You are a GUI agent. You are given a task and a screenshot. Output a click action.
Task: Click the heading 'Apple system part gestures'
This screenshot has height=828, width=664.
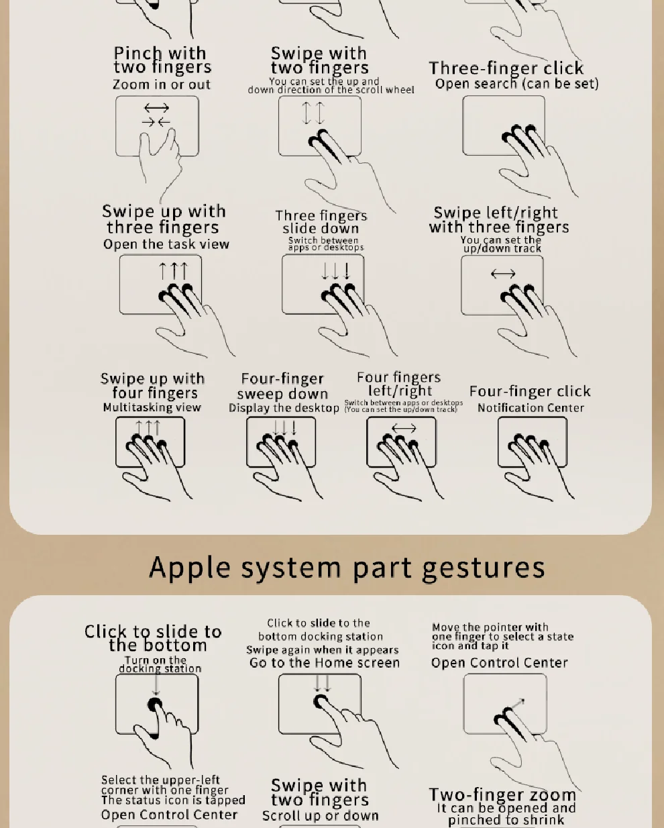(347, 568)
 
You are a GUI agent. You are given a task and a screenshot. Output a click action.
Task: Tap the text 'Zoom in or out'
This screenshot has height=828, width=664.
(162, 85)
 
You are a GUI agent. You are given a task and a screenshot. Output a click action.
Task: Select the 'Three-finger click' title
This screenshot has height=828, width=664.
(506, 68)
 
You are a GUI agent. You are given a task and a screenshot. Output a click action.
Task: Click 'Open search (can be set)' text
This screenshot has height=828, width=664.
(516, 83)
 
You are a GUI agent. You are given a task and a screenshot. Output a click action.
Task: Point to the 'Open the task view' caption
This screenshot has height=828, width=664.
(166, 244)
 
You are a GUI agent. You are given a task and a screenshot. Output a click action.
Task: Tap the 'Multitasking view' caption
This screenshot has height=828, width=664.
(152, 407)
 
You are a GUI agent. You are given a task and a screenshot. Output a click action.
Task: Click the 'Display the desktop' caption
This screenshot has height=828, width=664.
(284, 408)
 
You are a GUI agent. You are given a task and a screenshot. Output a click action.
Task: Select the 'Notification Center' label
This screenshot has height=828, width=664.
(531, 408)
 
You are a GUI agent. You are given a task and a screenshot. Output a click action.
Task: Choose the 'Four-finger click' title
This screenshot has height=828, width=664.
(530, 391)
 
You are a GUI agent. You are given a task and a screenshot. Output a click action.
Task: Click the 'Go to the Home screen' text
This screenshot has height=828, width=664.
(325, 662)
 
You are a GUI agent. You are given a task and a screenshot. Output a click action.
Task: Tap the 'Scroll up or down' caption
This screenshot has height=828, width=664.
(321, 815)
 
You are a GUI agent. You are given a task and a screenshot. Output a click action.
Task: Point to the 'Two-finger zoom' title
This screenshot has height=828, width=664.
(502, 794)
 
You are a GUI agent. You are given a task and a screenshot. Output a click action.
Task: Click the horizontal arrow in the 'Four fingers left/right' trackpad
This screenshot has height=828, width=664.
(404, 428)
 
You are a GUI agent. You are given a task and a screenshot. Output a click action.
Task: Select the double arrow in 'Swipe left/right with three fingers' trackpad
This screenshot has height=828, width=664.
(503, 274)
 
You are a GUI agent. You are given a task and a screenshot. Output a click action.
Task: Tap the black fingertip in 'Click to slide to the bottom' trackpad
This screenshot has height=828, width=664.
(155, 705)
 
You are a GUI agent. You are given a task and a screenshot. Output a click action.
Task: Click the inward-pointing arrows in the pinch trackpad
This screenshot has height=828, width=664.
(156, 122)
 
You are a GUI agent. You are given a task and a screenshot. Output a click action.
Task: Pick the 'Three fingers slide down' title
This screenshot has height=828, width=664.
(321, 222)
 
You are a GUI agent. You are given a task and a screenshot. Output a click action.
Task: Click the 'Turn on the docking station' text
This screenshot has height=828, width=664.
(160, 664)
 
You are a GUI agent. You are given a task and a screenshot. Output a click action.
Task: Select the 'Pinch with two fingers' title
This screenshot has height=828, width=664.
(162, 60)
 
